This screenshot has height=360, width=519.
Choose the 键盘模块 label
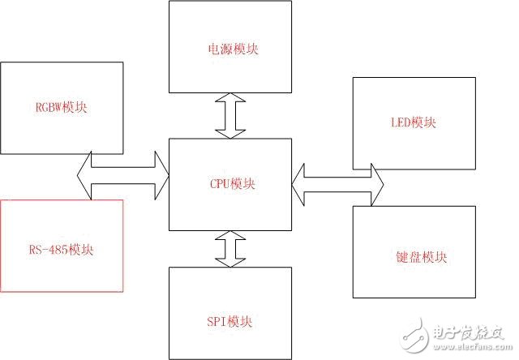coord(416,258)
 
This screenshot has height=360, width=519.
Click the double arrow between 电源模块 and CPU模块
coord(229,115)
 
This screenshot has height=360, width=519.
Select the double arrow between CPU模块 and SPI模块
coord(229,249)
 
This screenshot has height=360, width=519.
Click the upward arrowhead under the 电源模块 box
coord(229,100)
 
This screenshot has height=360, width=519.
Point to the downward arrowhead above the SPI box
coord(229,262)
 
